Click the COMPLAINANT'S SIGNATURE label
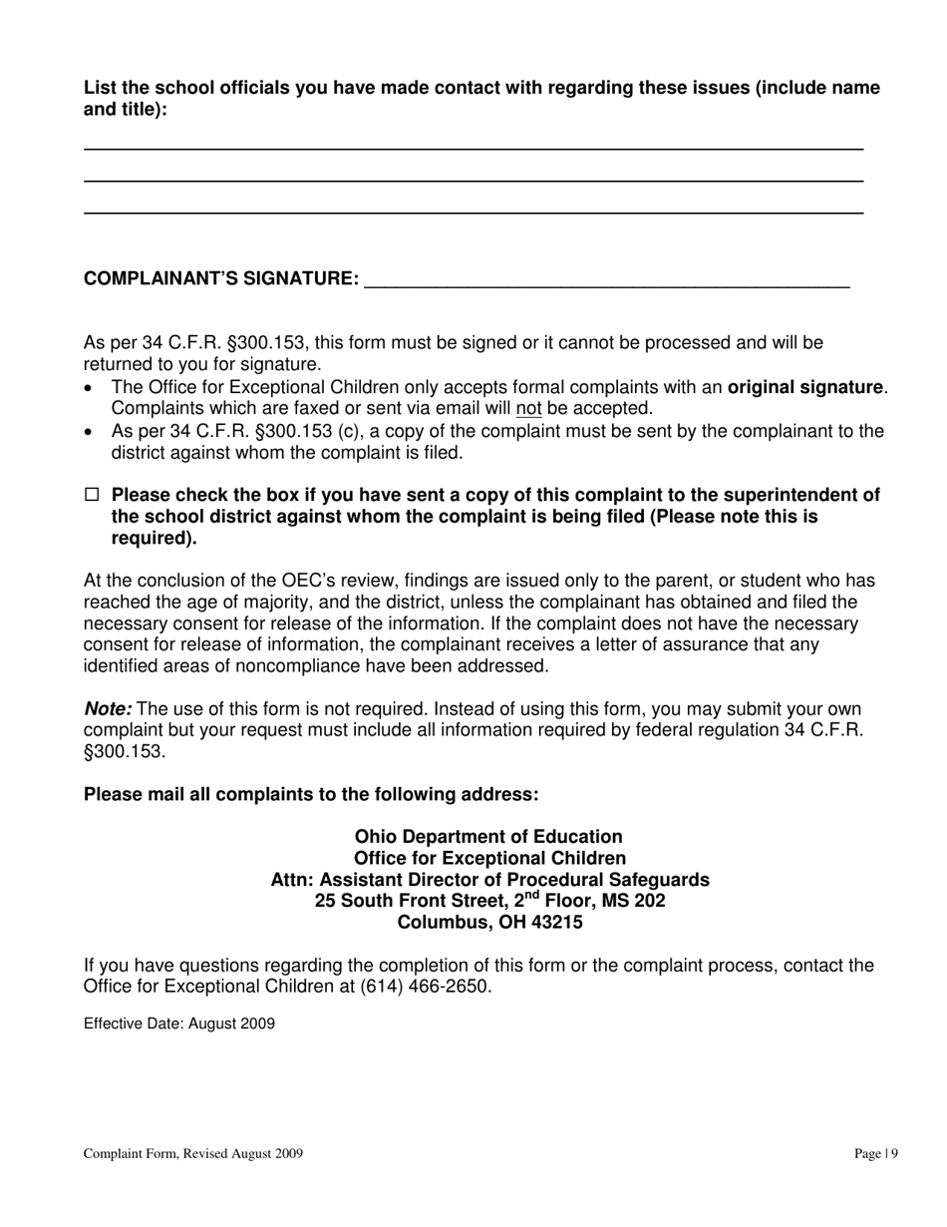(221, 278)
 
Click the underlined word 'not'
(528, 408)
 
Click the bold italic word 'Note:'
(108, 709)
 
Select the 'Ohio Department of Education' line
(488, 837)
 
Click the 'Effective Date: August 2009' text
(179, 1023)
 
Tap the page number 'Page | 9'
(876, 1154)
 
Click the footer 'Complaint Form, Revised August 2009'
(193, 1154)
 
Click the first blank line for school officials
(473, 148)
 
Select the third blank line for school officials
(473, 211)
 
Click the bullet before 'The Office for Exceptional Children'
(91, 388)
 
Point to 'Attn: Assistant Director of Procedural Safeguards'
(489, 880)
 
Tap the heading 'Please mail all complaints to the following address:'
(311, 794)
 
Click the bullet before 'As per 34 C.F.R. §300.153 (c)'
(91, 432)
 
